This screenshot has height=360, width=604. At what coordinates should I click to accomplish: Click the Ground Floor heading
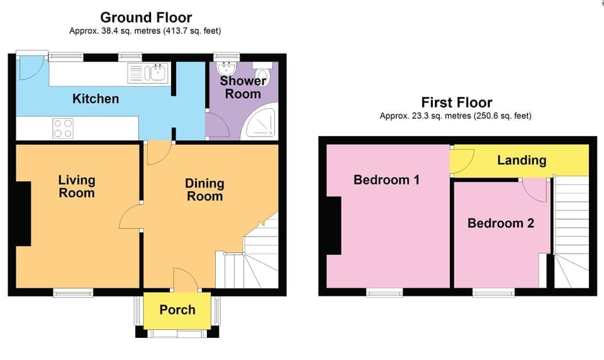coord(146,18)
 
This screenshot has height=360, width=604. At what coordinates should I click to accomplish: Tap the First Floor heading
coord(456,103)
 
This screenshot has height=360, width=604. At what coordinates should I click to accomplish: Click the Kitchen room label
coord(96,99)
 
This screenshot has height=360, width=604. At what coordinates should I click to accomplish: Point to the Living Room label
coord(77,186)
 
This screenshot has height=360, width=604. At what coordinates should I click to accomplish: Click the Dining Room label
coord(204,189)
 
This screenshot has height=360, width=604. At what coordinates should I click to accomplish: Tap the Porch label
coord(177,310)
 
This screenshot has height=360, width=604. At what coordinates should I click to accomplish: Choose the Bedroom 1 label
coord(386,180)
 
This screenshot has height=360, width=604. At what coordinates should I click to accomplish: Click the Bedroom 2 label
coord(500,223)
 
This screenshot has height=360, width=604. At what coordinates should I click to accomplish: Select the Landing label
coord(522,160)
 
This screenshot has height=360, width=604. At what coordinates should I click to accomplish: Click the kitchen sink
coord(156,73)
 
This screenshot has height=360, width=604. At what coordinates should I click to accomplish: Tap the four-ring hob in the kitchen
coord(63,128)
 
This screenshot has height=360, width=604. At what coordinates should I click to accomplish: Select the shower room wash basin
coord(226,69)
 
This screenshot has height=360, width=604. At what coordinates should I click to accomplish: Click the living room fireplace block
coord(23,213)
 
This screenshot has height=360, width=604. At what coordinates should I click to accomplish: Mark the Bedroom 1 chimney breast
coord(333,225)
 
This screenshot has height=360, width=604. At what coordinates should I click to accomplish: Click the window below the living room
coord(73,292)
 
